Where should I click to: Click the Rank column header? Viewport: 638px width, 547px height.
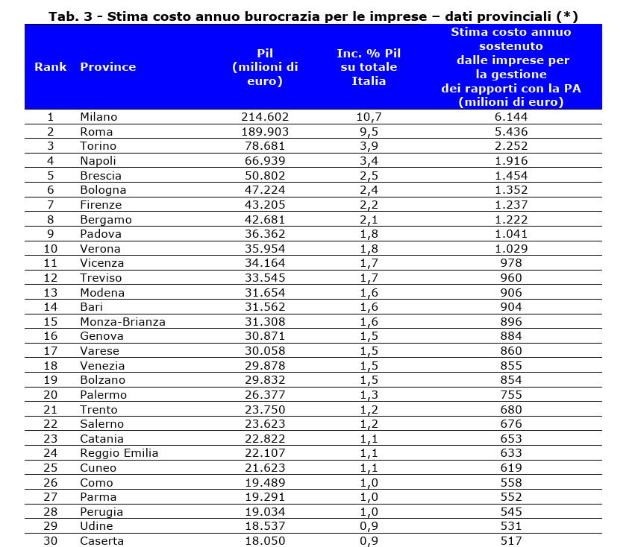(x=50, y=67)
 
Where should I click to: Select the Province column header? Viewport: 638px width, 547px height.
(x=107, y=67)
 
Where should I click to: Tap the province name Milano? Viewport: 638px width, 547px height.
(x=98, y=117)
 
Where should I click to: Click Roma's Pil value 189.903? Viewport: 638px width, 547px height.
(x=265, y=132)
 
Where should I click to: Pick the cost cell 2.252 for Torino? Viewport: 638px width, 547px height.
(x=511, y=146)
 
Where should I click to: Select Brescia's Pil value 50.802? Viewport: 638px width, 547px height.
(x=265, y=176)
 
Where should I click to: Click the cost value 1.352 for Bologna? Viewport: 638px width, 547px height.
(x=511, y=190)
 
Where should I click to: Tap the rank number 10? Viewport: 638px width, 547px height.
(x=51, y=249)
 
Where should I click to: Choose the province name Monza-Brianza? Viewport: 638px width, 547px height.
(x=122, y=322)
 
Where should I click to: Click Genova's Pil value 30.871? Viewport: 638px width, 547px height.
(x=265, y=336)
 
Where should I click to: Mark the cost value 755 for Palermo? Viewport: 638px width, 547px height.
(x=511, y=395)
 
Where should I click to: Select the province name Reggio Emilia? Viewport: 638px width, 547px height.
(x=119, y=453)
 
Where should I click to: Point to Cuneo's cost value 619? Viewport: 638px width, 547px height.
(x=511, y=468)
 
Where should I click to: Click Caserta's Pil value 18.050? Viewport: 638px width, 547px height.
(x=265, y=541)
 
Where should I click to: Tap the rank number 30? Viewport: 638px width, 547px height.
(x=51, y=541)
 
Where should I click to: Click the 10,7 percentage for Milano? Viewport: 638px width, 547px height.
(x=369, y=117)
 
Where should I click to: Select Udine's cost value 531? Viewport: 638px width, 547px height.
(x=511, y=526)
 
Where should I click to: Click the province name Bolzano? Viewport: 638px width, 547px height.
(x=101, y=380)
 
